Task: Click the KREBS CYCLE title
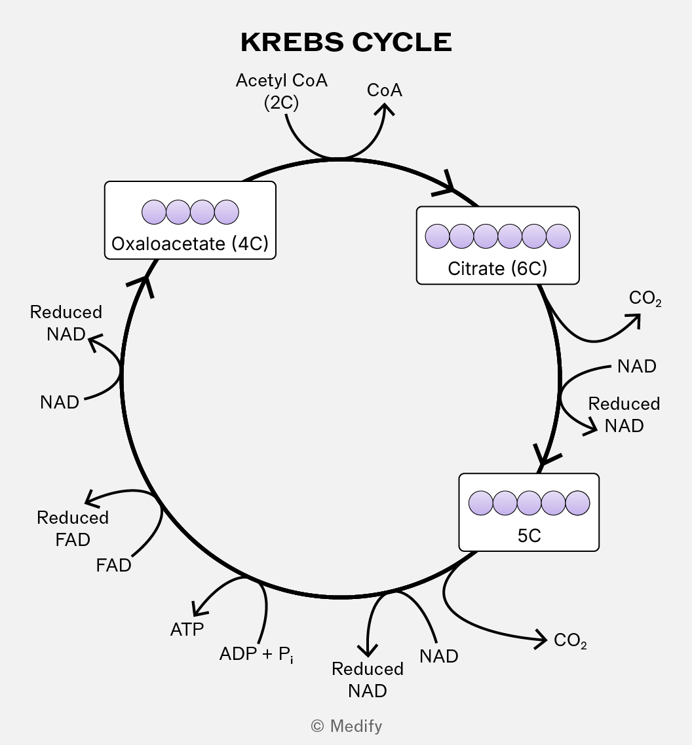click(346, 42)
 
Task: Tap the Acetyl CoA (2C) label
click(282, 91)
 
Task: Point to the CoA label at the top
click(384, 90)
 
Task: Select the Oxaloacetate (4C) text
click(190, 244)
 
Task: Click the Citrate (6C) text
click(497, 268)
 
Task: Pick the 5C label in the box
click(529, 536)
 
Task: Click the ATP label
click(187, 629)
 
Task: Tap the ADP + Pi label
click(256, 654)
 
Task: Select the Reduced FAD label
click(73, 528)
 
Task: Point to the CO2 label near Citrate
click(645, 299)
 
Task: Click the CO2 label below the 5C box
click(569, 640)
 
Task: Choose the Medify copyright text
click(346, 726)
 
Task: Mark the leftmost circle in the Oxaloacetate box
click(154, 212)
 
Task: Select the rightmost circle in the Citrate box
click(558, 236)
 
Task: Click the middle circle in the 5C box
click(529, 503)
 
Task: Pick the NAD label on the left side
click(60, 402)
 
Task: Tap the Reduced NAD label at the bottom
click(367, 680)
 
